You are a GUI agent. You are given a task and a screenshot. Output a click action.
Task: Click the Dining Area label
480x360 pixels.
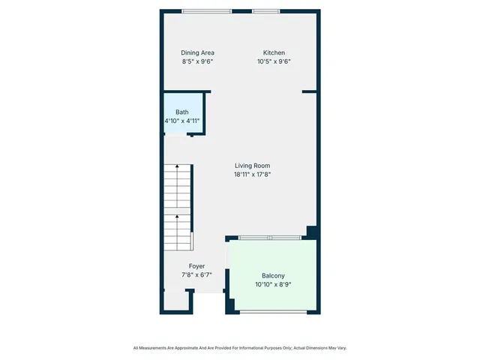pyautogui.click(x=197, y=52)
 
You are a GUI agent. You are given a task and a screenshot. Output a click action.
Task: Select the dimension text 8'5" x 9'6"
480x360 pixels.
pyautogui.click(x=197, y=61)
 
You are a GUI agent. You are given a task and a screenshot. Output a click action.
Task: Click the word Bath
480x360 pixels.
pyautogui.click(x=182, y=112)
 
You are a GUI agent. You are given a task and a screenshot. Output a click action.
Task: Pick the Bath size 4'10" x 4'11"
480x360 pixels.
pyautogui.click(x=182, y=121)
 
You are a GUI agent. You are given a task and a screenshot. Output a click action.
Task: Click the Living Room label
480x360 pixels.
pyautogui.click(x=252, y=166)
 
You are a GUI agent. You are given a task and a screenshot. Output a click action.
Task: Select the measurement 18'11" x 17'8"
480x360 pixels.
pyautogui.click(x=252, y=175)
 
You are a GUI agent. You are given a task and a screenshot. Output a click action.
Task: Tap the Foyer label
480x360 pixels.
pyautogui.click(x=196, y=266)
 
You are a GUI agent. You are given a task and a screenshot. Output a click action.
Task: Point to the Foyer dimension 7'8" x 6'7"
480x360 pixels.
pyautogui.click(x=196, y=275)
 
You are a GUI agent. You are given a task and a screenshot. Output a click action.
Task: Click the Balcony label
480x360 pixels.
pyautogui.click(x=273, y=275)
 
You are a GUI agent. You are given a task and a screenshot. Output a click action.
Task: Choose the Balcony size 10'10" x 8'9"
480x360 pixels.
pyautogui.click(x=273, y=284)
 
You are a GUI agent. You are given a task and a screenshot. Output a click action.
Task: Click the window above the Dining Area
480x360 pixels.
pyautogui.click(x=207, y=10)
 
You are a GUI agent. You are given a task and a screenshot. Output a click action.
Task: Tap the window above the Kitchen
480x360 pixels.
pyautogui.click(x=265, y=10)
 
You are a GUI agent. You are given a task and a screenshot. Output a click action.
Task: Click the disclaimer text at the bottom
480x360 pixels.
pyautogui.click(x=240, y=348)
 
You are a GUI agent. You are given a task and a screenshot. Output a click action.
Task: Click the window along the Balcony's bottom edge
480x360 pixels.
pyautogui.click(x=273, y=311)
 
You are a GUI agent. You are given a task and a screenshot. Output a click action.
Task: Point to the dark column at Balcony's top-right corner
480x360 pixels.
pyautogui.click(x=312, y=232)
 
